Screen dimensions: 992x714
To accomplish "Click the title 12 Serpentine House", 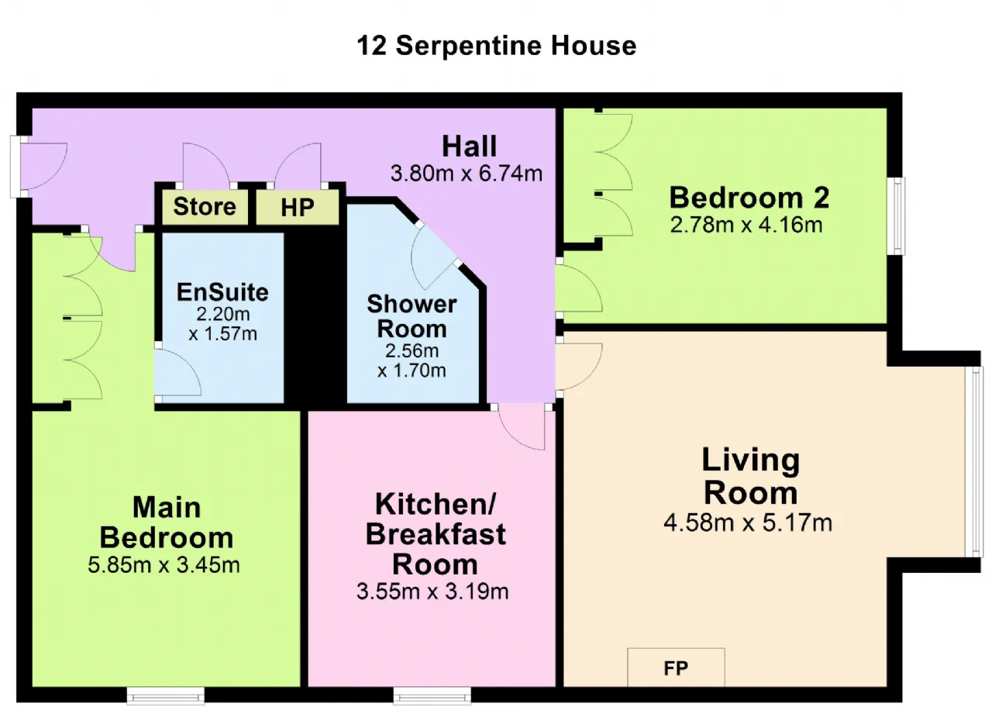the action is coord(497,46).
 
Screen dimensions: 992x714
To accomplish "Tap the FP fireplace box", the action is coord(676,667).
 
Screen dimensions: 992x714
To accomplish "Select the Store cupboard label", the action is coord(205,206).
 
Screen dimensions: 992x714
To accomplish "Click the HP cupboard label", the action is coord(298,207).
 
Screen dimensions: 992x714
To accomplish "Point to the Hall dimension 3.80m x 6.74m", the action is coord(467,173).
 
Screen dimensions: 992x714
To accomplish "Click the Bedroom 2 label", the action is coord(749,197).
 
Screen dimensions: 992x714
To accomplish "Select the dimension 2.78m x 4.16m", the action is coord(746,225).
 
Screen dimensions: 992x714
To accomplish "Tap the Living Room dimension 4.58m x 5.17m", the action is coord(748,523).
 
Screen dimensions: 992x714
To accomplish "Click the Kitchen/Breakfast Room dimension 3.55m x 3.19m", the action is coord(432,592).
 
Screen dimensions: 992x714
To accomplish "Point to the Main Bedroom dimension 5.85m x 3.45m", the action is coord(164,564).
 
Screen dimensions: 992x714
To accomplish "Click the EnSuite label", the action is coord(222,292).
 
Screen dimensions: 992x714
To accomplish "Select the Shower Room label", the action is coord(412,316).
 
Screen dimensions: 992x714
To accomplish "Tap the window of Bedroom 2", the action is coord(897,216).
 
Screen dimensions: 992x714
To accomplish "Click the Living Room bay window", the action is coord(975,461).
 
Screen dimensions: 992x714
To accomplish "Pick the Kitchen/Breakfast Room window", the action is coord(432,695).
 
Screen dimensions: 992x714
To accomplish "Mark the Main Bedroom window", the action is coord(166,695).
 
